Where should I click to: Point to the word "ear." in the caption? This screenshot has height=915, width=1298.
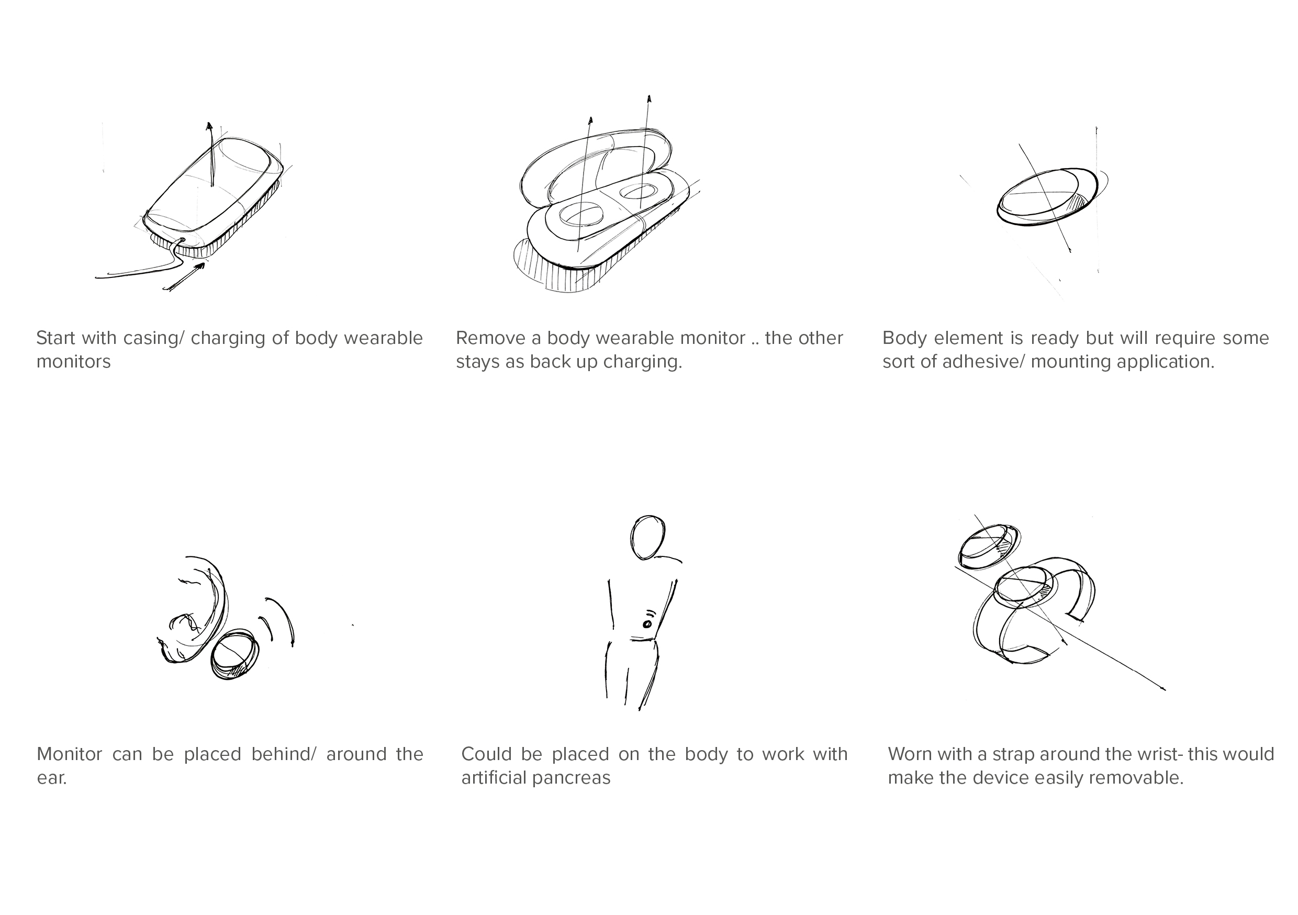52,778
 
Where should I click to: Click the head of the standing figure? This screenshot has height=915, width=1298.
647,537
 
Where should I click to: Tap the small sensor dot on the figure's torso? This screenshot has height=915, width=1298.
647,624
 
